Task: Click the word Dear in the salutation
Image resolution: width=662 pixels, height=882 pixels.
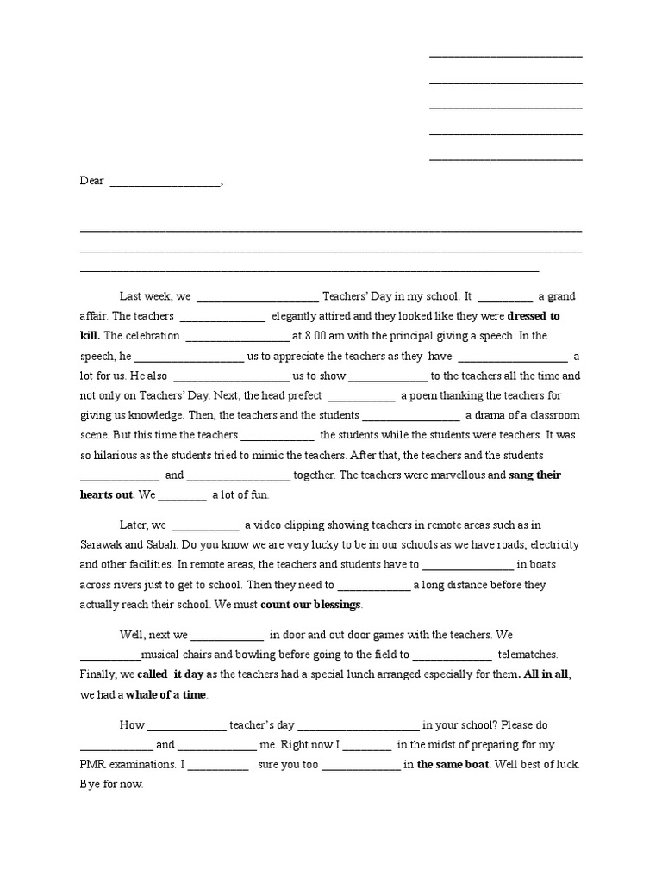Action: pos(91,181)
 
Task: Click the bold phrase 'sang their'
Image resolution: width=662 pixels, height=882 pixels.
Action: pos(535,475)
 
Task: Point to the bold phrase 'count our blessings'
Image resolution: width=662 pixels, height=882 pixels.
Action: pos(310,605)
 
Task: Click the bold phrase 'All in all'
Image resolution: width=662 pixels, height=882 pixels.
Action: pos(545,674)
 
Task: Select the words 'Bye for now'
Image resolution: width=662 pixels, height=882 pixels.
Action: pos(111,785)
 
